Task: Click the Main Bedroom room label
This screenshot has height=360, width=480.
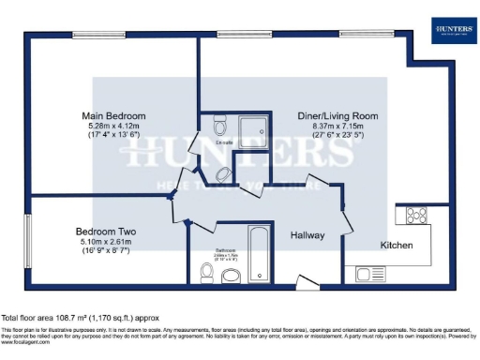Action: [112, 115]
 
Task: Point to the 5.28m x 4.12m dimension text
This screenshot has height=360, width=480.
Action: [112, 125]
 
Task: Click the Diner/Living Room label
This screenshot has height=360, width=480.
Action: [324, 115]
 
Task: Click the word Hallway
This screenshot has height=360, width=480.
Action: [307, 235]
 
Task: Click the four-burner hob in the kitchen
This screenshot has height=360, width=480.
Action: [413, 216]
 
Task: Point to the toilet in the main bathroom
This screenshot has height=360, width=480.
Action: [208, 273]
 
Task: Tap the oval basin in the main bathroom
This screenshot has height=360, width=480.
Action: [232, 274]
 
